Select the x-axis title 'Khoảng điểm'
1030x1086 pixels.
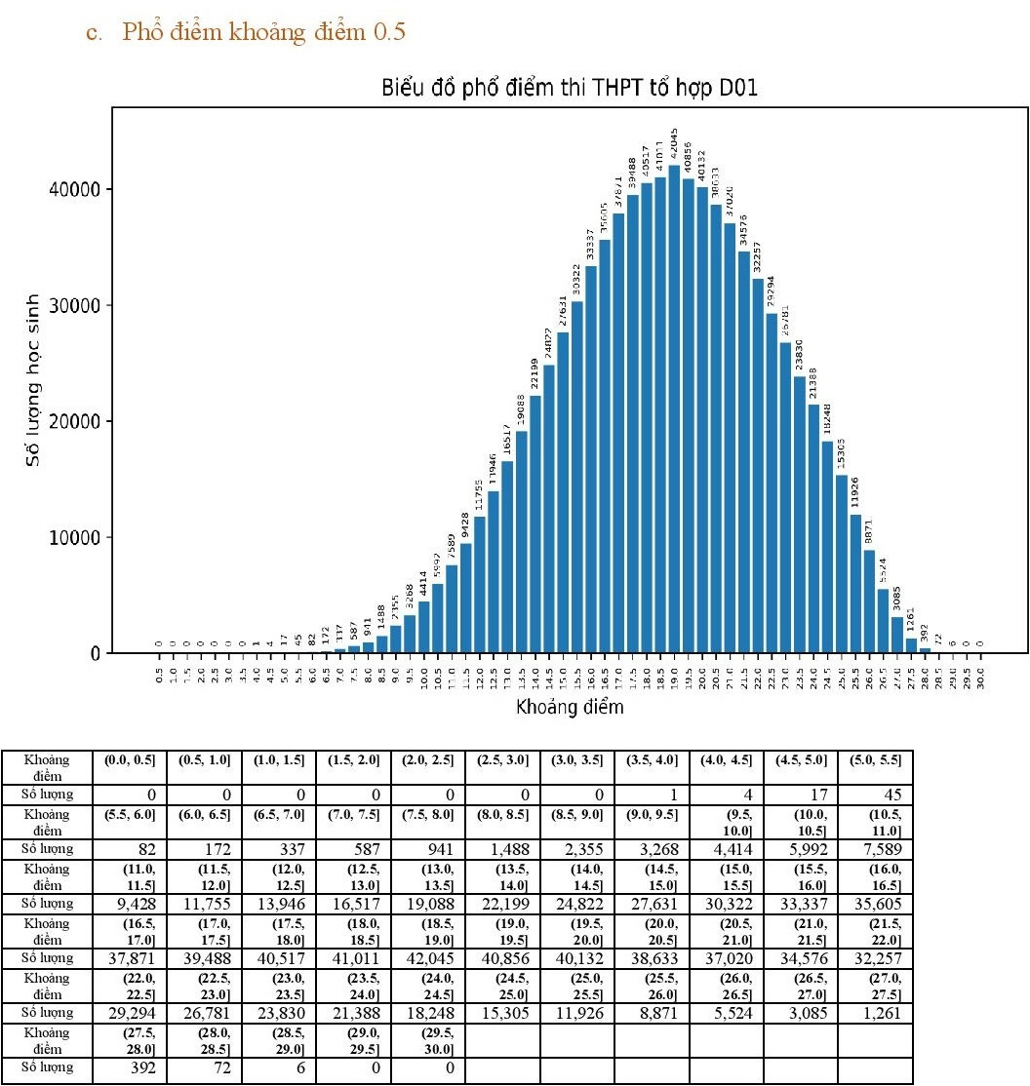570,707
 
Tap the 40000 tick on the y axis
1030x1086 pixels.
76,189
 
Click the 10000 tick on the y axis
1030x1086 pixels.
76,537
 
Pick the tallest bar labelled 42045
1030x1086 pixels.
674,409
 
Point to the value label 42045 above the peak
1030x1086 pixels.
674,143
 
